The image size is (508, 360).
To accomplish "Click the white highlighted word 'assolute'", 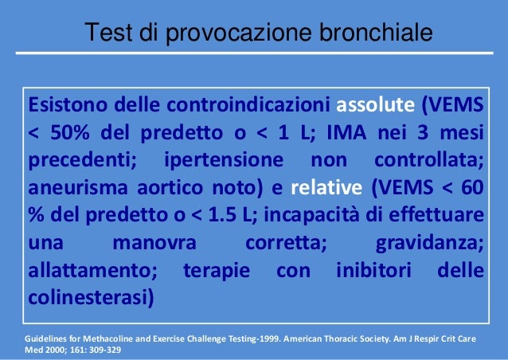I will point(376,106).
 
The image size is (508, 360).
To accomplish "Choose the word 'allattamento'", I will point(93,272).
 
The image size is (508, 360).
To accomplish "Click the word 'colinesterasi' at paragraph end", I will point(88,299).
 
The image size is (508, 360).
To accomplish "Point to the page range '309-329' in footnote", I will point(100,350).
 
